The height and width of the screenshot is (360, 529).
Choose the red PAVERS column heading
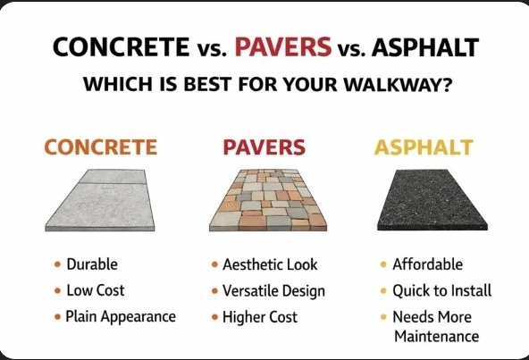click(264, 147)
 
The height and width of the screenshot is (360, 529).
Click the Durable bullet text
click(91, 264)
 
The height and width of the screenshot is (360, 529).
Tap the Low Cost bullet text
click(95, 290)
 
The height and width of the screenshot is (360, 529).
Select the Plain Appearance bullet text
click(120, 316)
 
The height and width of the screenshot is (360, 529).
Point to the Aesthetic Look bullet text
click(269, 265)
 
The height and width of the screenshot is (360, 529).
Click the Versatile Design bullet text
click(273, 291)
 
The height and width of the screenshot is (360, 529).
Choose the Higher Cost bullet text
click(261, 317)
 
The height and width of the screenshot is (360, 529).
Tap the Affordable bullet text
click(428, 264)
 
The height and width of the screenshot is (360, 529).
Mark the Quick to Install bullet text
click(442, 291)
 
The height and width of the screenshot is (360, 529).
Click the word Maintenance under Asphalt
click(437, 337)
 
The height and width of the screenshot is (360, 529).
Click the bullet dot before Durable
click(57, 264)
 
